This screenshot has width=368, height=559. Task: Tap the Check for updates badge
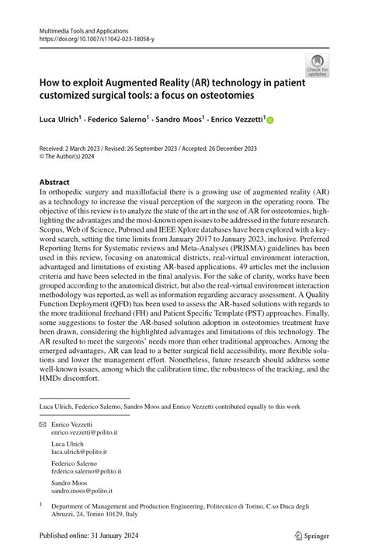(x=318, y=66)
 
